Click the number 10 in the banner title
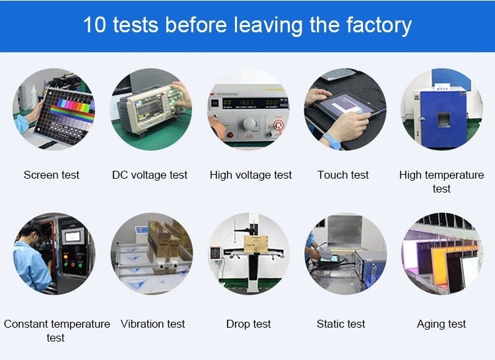(94, 24)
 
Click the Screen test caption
(51, 175)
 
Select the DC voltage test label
(150, 175)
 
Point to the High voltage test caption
(251, 175)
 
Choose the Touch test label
(343, 175)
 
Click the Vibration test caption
(153, 324)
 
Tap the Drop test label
(248, 324)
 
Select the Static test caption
(341, 324)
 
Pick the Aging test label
(442, 324)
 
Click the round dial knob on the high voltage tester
(249, 124)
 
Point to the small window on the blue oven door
(444, 120)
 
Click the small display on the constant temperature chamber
(73, 237)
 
